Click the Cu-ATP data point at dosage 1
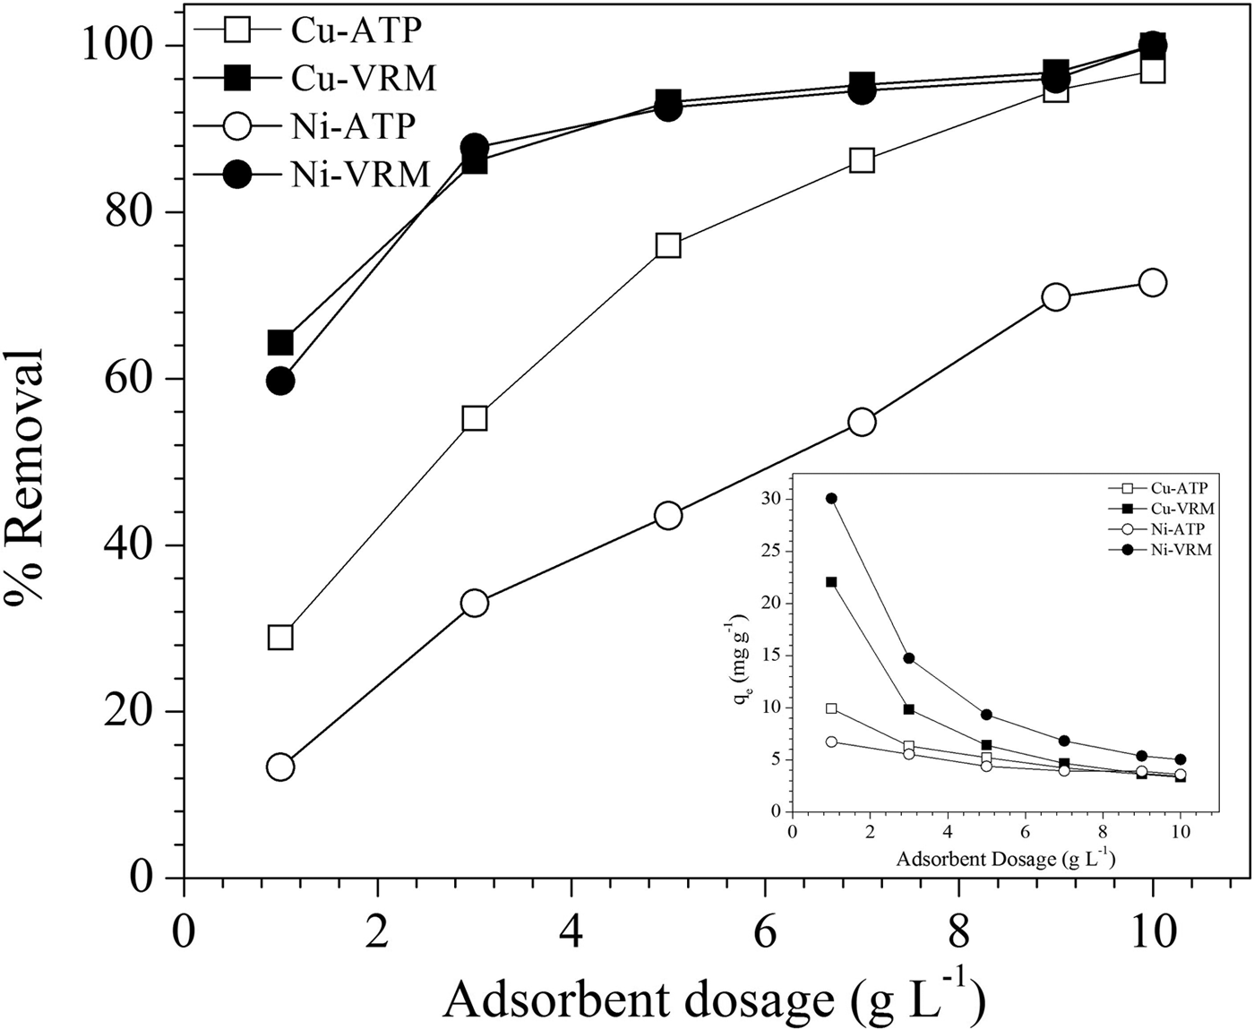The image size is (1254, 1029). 280,637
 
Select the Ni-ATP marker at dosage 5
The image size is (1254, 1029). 668,515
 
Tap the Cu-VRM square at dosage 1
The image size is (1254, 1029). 280,342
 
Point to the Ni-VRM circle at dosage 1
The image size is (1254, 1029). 280,381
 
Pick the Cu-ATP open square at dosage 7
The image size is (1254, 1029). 862,160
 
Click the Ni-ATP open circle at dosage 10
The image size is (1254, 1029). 1153,282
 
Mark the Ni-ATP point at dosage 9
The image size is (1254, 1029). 1056,297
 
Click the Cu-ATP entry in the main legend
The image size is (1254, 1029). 355,30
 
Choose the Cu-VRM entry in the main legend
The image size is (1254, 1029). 363,79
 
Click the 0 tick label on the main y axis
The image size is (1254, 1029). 140,878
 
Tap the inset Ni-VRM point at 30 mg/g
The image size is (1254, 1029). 831,498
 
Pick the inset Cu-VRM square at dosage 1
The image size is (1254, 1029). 831,582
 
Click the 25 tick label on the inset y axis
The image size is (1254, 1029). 770,551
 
